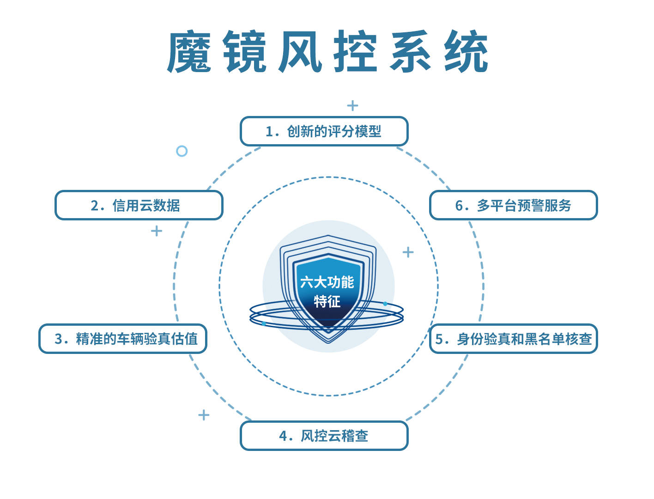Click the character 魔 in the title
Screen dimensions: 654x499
[189, 51]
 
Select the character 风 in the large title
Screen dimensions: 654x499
[300, 51]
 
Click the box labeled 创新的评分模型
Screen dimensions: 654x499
[324, 131]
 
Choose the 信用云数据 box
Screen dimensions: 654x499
[139, 205]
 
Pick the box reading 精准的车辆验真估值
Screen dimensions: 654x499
[123, 339]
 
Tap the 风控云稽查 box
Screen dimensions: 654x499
[324, 436]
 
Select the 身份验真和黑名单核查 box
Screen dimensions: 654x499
[514, 339]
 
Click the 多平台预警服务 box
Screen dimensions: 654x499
[514, 205]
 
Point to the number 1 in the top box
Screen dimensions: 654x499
[269, 132]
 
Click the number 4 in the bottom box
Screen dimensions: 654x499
[283, 436]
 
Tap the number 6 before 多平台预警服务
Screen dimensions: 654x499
[459, 206]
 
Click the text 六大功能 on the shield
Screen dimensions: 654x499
[327, 282]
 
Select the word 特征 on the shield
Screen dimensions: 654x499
[327, 301]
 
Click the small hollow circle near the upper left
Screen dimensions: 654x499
[182, 151]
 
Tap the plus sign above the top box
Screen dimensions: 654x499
[353, 105]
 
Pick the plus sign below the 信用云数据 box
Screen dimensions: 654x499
[157, 231]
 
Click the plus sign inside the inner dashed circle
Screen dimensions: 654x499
[408, 252]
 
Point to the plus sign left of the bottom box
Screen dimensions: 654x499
[204, 415]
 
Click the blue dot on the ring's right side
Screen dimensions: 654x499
[385, 304]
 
